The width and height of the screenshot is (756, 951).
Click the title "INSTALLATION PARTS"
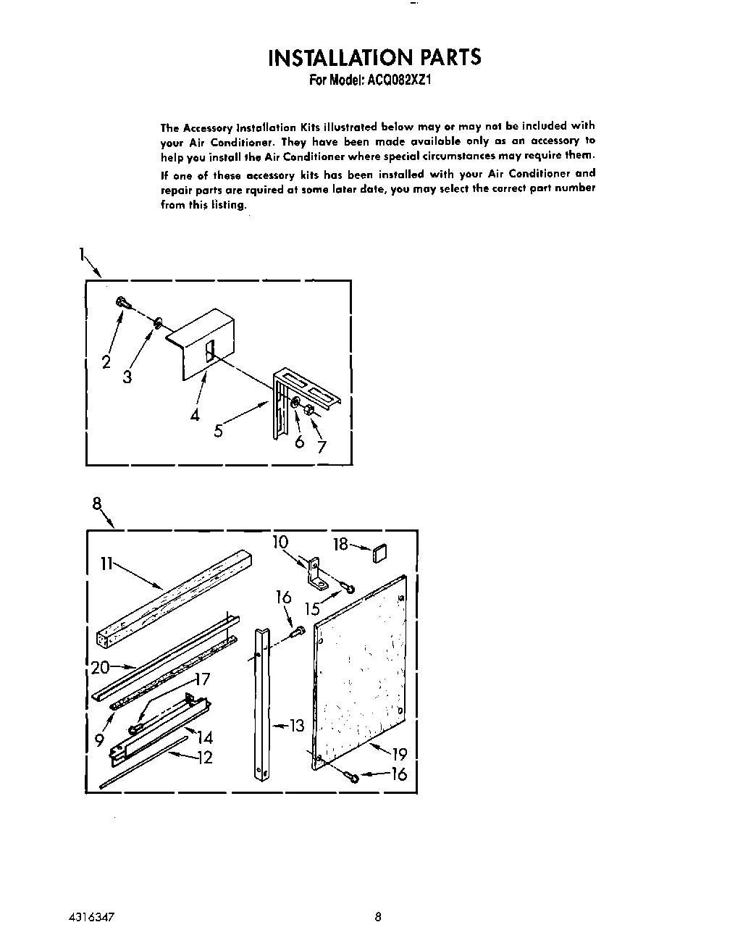click(374, 57)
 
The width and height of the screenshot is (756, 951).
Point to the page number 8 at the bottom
click(377, 916)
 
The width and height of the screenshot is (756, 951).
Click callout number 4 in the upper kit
click(195, 415)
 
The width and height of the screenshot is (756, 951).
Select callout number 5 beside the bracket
click(218, 432)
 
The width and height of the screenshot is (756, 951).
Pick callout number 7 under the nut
click(322, 447)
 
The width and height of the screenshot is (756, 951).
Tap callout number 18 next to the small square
click(340, 544)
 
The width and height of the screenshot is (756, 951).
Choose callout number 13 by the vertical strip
click(298, 725)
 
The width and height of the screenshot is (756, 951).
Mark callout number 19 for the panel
click(399, 754)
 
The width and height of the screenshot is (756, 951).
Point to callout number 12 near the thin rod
click(205, 758)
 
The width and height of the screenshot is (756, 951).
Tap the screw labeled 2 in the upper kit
click(121, 303)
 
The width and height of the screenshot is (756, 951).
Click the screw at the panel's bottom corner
click(352, 776)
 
